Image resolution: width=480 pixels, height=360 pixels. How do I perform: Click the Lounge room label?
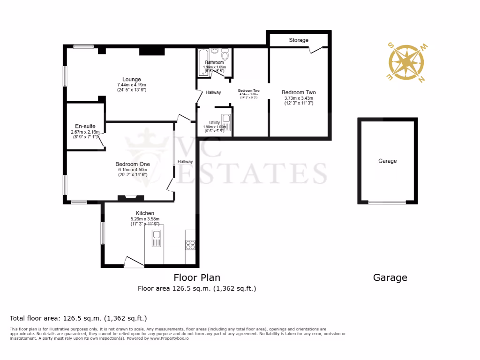[x=132, y=79]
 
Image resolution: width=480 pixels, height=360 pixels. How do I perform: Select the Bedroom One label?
[x=133, y=164]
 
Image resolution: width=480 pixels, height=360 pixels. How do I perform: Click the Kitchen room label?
[x=145, y=213]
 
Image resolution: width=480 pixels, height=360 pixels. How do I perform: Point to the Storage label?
[x=299, y=40]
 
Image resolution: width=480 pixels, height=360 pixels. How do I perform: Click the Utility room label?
[x=214, y=123]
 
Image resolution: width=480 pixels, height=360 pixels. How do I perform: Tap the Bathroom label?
[x=214, y=62]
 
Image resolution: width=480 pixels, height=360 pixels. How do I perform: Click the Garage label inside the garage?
[x=388, y=161]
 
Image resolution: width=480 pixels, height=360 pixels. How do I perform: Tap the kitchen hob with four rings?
[x=191, y=244]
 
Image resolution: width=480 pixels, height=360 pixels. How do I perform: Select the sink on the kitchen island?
[x=156, y=240]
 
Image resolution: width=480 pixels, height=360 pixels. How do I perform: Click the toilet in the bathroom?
[x=225, y=56]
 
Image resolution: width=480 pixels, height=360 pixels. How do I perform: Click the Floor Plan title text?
[x=197, y=277]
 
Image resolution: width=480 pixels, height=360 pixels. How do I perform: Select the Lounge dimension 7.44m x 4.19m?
[x=132, y=84]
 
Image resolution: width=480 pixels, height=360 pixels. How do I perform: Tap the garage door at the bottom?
[x=387, y=202]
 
